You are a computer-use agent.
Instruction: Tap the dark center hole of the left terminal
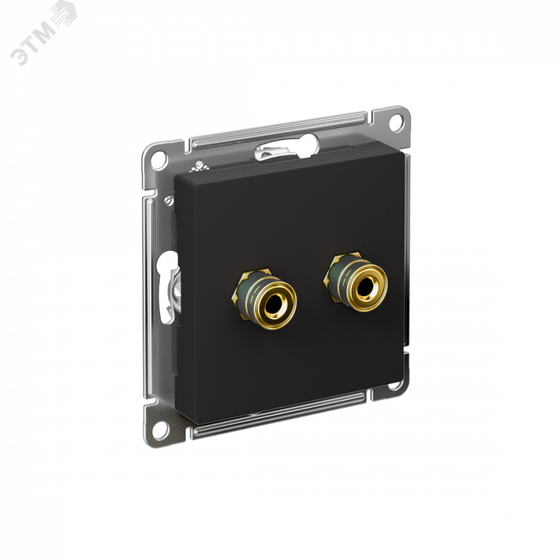pyautogui.click(x=273, y=304)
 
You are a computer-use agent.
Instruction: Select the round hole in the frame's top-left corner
pyautogui.click(x=158, y=159)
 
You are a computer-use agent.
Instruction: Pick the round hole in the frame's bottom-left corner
pyautogui.click(x=158, y=427)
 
